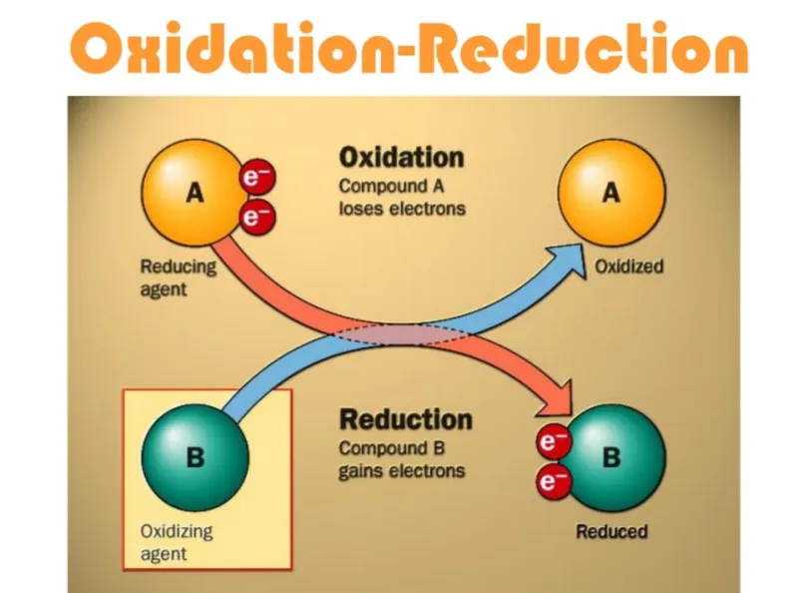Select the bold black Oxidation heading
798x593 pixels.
coord(402,158)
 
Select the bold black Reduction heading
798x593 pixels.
coord(406,419)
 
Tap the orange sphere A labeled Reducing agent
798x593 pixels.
coord(194,193)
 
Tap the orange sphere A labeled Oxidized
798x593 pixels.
coord(611,193)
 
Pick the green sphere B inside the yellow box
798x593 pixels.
coord(195,457)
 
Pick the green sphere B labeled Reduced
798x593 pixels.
coord(612,457)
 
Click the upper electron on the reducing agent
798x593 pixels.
coord(257,178)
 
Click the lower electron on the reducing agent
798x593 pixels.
coord(257,217)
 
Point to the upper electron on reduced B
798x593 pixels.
coord(554,441)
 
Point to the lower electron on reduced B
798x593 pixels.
coord(554,481)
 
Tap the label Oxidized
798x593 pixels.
coord(629,267)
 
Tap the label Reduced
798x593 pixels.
coord(611,531)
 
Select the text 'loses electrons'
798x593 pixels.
coord(402,209)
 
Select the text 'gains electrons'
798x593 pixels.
coord(402,471)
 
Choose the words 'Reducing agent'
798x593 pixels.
coord(179,279)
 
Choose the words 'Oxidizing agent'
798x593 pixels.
coord(177,542)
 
